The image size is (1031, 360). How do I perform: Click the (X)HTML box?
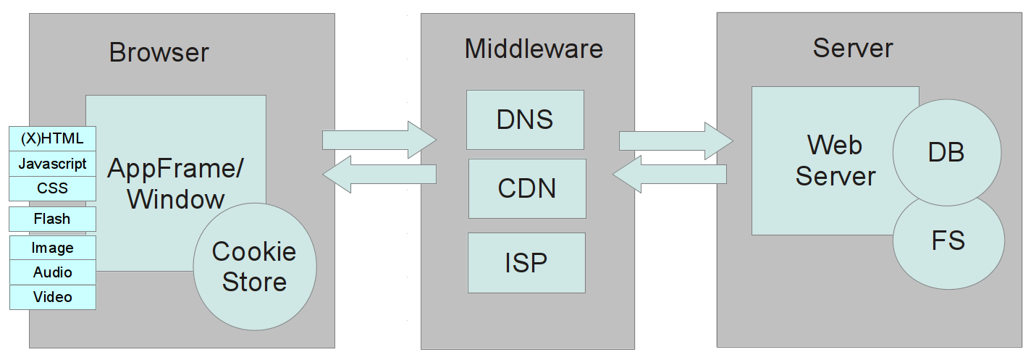tap(52, 138)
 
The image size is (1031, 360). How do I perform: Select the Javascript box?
tap(52, 164)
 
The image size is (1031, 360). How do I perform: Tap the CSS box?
tap(52, 188)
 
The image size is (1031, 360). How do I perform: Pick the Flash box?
tap(52, 219)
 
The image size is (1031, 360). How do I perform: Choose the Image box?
tap(52, 248)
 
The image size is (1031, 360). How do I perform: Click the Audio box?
tap(52, 272)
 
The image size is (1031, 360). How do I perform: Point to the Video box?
tap(52, 297)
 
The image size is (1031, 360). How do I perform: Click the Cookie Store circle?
tap(255, 267)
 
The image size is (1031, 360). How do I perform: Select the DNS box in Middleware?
tap(525, 120)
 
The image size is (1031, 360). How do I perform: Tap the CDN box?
tap(527, 188)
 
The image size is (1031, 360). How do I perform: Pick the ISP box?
tap(526, 262)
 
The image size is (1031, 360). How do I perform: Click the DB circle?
tap(947, 152)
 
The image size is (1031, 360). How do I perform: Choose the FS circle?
tap(948, 240)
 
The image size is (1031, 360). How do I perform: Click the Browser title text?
tap(159, 52)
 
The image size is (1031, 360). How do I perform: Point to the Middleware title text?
tap(534, 49)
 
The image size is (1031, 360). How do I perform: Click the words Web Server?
tap(835, 160)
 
